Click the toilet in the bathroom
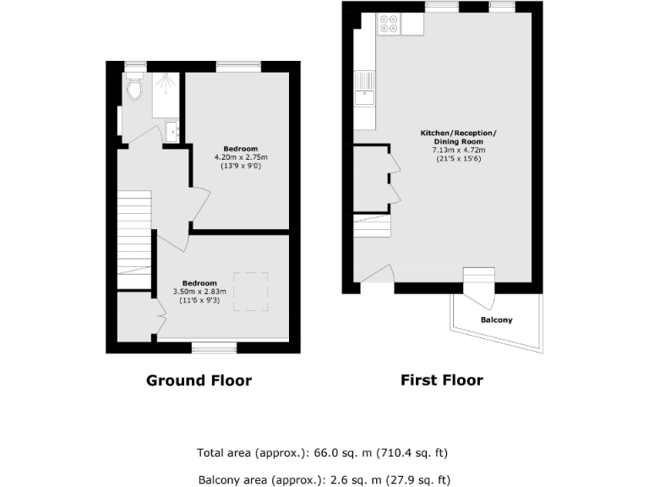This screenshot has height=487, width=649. click(x=134, y=87)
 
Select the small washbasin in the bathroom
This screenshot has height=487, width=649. click(x=172, y=131)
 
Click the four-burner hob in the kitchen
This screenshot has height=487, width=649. click(x=390, y=24)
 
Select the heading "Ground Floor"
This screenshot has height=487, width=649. click(x=199, y=380)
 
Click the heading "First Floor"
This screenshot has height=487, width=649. click(x=441, y=380)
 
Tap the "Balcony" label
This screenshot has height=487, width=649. click(x=496, y=320)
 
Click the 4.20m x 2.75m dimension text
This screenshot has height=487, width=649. click(x=241, y=157)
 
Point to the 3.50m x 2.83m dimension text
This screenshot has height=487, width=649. click(x=200, y=292)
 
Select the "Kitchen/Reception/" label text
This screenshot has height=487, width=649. click(x=459, y=134)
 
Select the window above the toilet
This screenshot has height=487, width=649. click(x=135, y=65)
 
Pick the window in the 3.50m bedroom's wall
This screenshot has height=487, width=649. click(x=214, y=347)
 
